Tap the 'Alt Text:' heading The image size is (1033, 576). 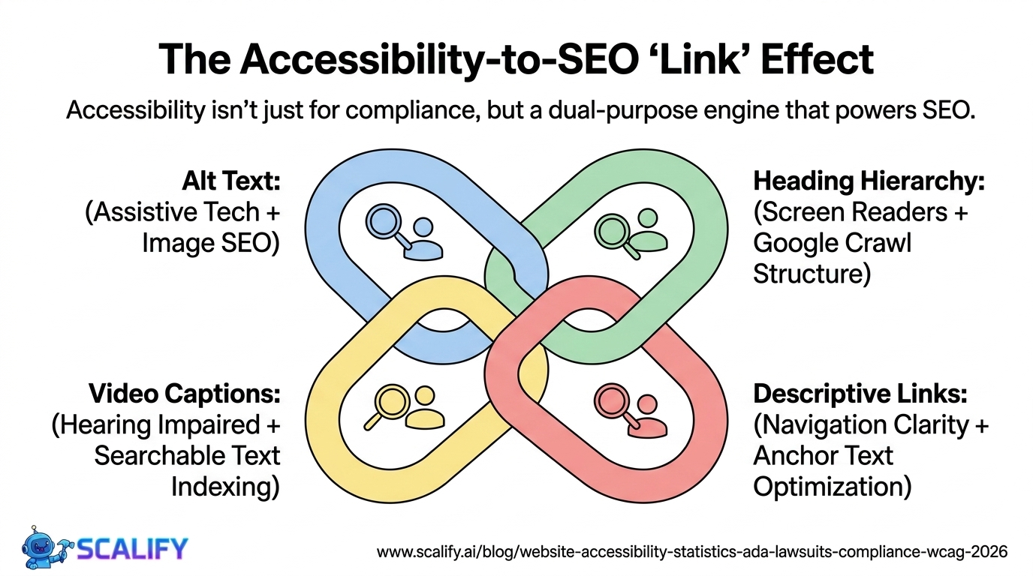231,181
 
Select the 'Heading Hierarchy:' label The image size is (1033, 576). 869,181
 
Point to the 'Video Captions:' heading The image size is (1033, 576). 185,393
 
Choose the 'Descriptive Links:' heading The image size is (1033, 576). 860,393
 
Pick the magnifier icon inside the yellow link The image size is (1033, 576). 387,403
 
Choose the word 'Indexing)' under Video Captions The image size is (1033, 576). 225,486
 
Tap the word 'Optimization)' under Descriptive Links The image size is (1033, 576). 832,486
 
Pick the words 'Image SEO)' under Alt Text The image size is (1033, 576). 211,242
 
